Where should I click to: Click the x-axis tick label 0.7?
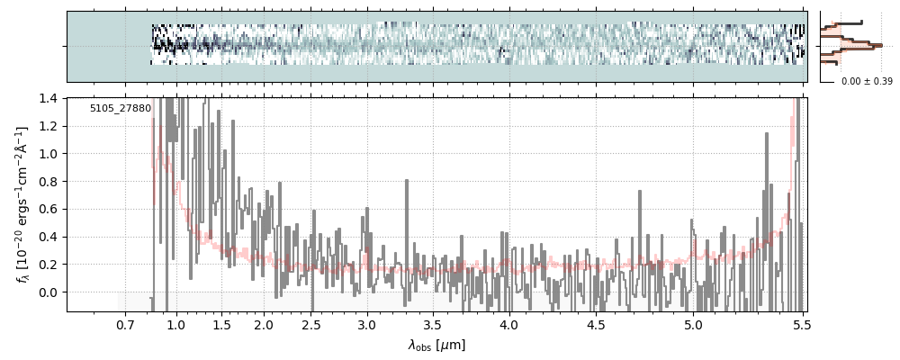125,323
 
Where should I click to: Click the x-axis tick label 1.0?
176,323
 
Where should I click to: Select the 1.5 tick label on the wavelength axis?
220,323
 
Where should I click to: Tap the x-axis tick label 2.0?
264,323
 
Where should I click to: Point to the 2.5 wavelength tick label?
310,323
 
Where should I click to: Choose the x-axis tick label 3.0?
366,323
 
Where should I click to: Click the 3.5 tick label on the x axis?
433,323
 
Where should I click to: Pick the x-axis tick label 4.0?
508,323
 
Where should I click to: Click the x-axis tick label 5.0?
692,323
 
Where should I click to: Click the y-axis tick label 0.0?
50,292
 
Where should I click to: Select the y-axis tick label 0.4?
50,237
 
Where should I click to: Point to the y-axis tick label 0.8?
50,182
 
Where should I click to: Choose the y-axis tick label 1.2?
50,126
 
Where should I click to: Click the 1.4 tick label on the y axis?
50,98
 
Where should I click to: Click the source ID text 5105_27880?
121,109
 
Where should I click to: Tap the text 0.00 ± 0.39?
867,82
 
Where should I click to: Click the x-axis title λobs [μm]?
436,345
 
